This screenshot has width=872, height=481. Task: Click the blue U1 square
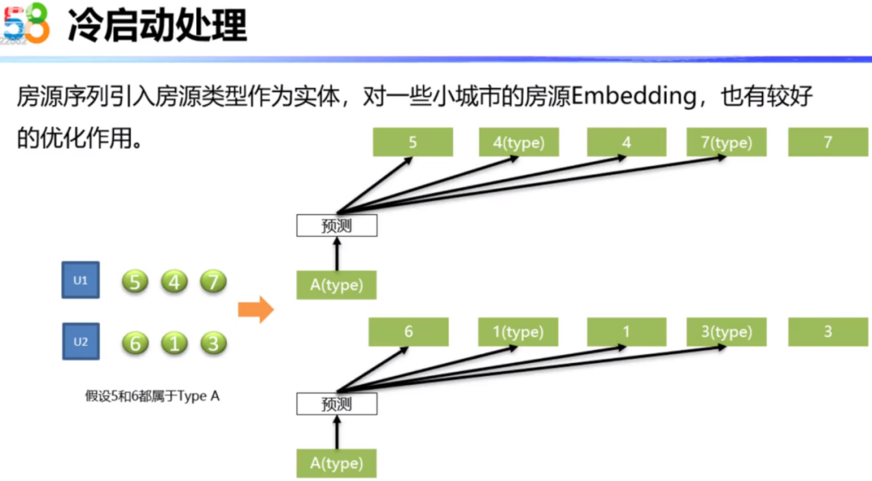pyautogui.click(x=81, y=281)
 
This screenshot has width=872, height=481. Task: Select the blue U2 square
pyautogui.click(x=81, y=341)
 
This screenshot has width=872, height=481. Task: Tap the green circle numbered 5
pyautogui.click(x=136, y=282)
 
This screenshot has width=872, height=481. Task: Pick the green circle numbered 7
pyautogui.click(x=213, y=282)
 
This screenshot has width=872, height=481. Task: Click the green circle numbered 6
pyautogui.click(x=136, y=343)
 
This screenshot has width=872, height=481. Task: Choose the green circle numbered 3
pyautogui.click(x=213, y=343)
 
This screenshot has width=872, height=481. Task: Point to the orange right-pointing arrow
pyautogui.click(x=256, y=310)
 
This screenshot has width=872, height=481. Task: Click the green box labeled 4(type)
pyautogui.click(x=518, y=143)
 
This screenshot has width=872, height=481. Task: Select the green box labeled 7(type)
pyautogui.click(x=726, y=143)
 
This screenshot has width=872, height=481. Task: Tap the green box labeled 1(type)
pyautogui.click(x=518, y=331)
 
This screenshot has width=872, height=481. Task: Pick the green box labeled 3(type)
pyautogui.click(x=726, y=331)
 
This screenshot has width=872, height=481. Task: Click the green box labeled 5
pyautogui.click(x=413, y=143)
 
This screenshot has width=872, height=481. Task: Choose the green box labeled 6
pyautogui.click(x=409, y=331)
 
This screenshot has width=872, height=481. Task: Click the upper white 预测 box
pyautogui.click(x=337, y=226)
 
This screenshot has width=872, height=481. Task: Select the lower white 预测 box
pyautogui.click(x=337, y=403)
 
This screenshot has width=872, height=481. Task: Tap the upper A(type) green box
pyautogui.click(x=337, y=285)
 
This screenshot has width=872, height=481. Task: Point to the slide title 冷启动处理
pyautogui.click(x=157, y=26)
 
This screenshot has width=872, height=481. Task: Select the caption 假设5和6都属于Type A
pyautogui.click(x=153, y=395)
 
